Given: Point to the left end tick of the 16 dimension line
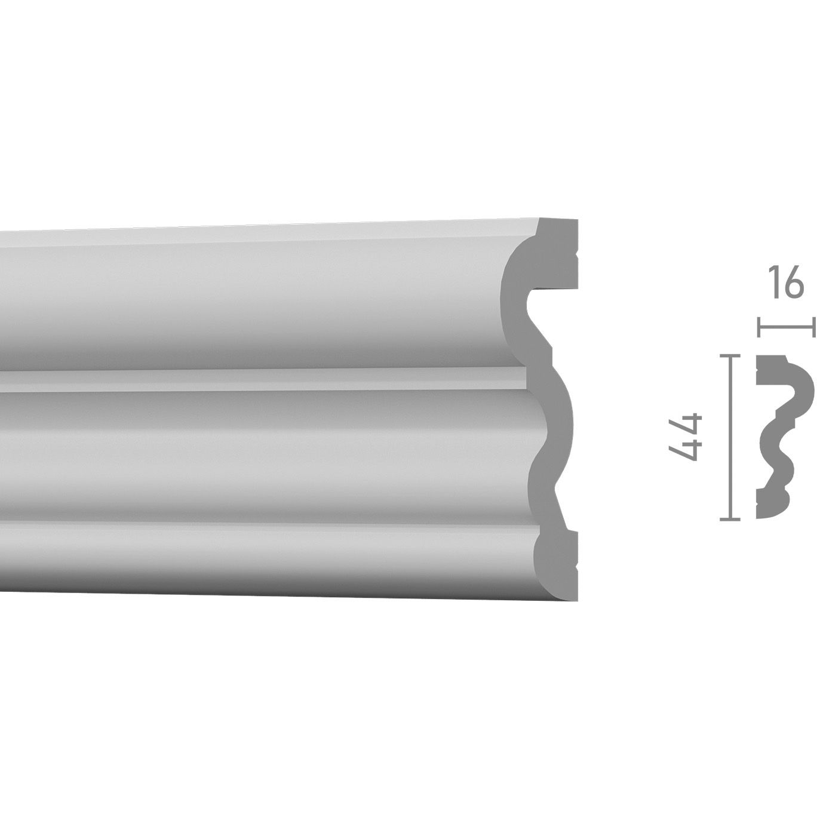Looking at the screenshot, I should pos(758,327).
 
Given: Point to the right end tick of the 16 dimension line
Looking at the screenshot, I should pos(813,327).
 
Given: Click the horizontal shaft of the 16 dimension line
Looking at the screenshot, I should pos(786,327).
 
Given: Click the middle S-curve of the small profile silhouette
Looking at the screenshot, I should pos(776,442).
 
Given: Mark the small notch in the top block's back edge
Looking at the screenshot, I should pos(576,262).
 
